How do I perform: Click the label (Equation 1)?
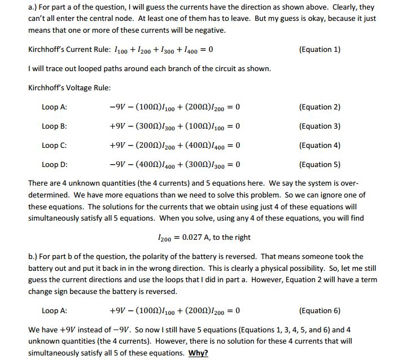[320, 49]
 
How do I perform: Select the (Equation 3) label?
[320, 126]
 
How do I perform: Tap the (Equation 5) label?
[320, 164]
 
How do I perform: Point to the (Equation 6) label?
[320, 310]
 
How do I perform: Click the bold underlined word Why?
[198, 353]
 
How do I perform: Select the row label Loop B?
[54, 126]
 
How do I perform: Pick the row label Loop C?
[54, 145]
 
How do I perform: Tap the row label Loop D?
[54, 164]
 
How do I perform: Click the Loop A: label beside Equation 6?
[54, 310]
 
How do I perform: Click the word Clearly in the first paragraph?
[329, 7]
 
